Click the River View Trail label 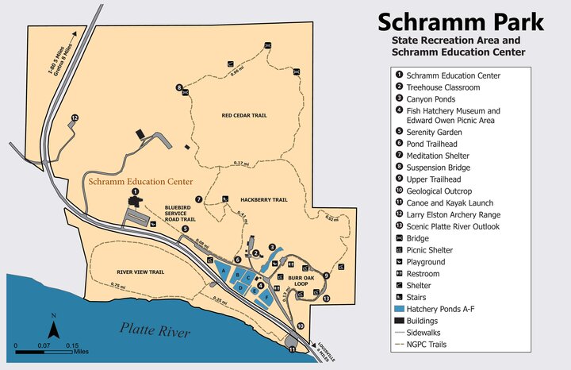pos(140,272)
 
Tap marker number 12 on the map pos(75,118)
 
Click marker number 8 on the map pos(179,87)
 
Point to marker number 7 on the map pos(198,198)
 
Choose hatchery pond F pos(266,296)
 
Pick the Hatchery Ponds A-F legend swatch pos(398,308)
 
